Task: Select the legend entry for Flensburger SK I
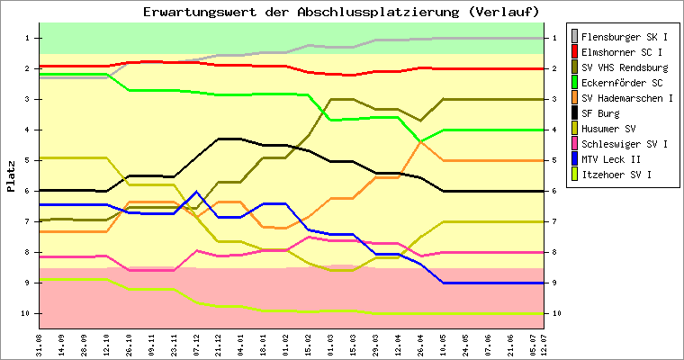click(624, 37)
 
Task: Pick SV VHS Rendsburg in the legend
click(624, 67)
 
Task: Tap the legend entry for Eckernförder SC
click(621, 83)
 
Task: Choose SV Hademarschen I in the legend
click(626, 98)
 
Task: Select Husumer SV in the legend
click(608, 129)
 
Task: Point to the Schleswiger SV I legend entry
click(624, 144)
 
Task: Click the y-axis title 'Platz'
click(12, 175)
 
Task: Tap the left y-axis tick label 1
click(28, 38)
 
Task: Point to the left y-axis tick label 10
click(26, 313)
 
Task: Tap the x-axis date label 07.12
click(196, 343)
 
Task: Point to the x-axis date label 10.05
click(443, 343)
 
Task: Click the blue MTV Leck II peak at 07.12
click(196, 192)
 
